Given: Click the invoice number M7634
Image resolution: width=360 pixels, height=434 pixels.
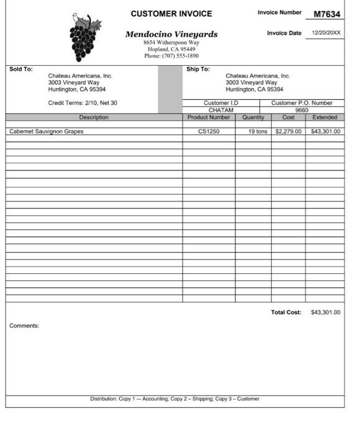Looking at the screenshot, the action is coord(326,14).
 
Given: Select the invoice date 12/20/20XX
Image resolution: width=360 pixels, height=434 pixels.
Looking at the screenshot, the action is coord(326,33).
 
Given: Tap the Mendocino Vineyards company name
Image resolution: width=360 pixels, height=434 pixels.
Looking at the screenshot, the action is coord(171,34).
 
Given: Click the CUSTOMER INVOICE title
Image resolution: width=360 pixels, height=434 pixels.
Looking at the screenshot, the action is coord(171,14).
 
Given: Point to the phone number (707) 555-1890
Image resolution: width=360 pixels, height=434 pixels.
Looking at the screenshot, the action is coord(171,56).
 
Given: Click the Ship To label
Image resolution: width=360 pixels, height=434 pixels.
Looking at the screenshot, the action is coord(198,69).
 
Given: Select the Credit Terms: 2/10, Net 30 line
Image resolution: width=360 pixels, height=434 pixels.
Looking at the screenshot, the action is coord(83,103).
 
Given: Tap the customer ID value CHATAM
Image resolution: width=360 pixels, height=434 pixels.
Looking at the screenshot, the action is coord(221,110).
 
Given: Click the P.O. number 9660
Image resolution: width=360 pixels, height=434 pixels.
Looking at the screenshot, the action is coord(302,110).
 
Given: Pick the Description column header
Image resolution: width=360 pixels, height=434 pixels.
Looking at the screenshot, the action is coord(94,117).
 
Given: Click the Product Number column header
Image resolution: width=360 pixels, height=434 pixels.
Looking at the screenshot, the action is coord(209,117).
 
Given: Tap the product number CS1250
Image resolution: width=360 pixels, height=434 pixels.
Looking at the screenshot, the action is coord(209,131).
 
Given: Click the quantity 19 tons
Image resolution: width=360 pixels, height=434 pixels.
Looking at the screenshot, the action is coord(257,131).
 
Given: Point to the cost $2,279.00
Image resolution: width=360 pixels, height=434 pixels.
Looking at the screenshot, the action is coord(288,131).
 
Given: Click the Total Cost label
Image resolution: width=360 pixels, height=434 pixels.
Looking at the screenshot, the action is coord(286,312).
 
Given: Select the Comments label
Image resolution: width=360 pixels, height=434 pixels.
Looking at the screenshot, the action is coord(24,325).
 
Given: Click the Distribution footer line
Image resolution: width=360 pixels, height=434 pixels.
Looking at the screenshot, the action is coord(175,399).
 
